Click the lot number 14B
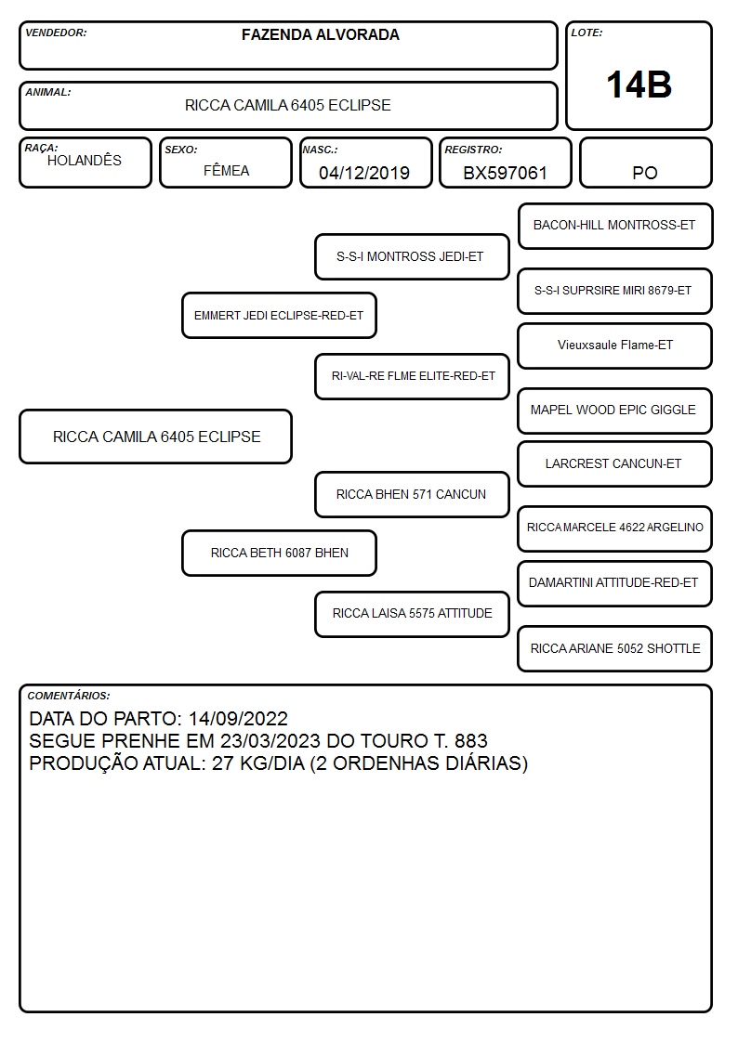(639, 85)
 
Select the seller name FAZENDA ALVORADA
(320, 34)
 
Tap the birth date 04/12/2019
(364, 173)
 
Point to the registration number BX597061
(505, 173)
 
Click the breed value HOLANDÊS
(85, 160)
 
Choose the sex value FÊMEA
(226, 170)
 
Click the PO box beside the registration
(645, 163)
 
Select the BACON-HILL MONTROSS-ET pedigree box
(615, 227)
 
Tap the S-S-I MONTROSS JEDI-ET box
(412, 256)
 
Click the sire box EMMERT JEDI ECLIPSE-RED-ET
(279, 315)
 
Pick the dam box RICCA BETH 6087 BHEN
(279, 553)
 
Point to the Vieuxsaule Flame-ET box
(615, 345)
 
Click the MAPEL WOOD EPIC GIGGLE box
(615, 411)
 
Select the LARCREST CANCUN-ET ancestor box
(615, 464)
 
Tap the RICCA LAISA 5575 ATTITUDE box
(412, 614)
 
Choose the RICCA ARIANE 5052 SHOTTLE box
(615, 648)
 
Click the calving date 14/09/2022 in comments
(238, 718)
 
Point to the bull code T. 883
(460, 740)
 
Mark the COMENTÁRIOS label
(69, 696)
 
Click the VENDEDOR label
(56, 33)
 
